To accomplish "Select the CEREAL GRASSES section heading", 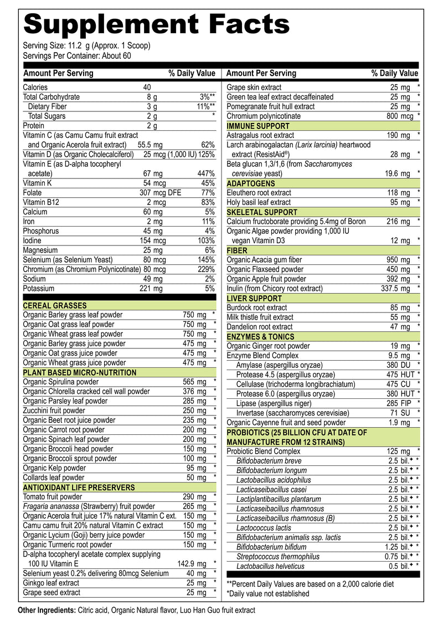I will pos(55,305).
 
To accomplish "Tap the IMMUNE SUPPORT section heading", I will pos(258,126).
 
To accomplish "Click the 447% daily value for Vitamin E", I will pos(206,173).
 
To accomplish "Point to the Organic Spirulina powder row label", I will pos(61,382).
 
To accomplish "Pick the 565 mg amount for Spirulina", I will pos(194,382).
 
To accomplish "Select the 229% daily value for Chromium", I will pos(206,269).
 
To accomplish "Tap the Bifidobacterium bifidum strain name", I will pos(271,547).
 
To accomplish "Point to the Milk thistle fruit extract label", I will pos(260,317).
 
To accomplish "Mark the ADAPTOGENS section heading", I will pos(251,183).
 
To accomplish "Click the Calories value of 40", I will pos(147,87).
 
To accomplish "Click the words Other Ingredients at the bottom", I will pos(47,610).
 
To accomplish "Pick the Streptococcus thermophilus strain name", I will pos(278,557).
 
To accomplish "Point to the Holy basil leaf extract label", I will pos(259,202).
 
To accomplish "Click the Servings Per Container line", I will pos(77,55).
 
